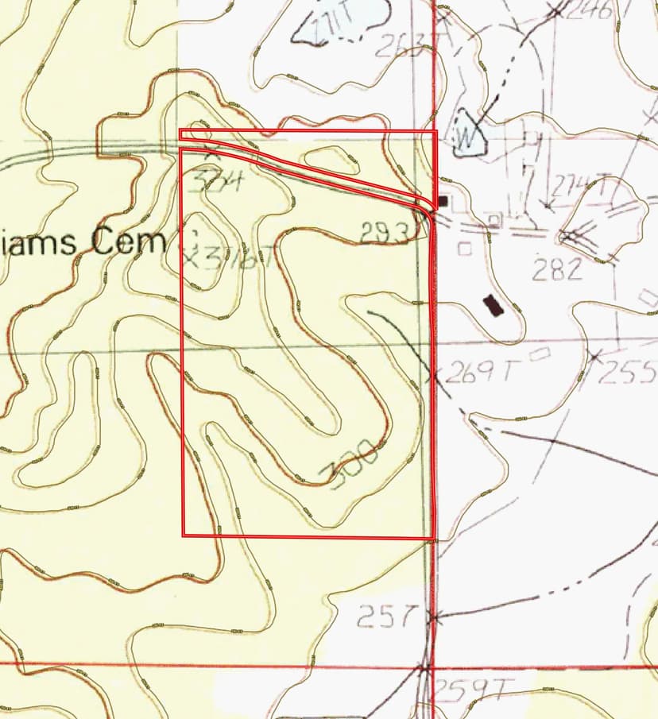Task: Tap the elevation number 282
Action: [558, 270]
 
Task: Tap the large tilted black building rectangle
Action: [493, 306]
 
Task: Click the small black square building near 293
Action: [443, 202]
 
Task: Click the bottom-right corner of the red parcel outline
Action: [434, 538]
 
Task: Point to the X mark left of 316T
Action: [190, 256]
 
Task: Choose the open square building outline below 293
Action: [464, 248]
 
